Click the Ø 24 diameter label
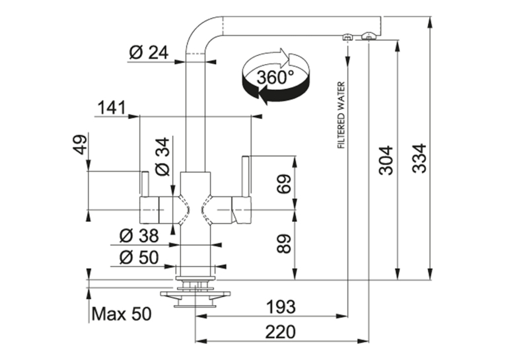pyautogui.click(x=149, y=53)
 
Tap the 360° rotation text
pyautogui.click(x=275, y=77)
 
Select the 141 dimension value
pyautogui.click(x=112, y=108)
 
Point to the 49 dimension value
pyautogui.click(x=81, y=144)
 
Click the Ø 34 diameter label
pyautogui.click(x=163, y=157)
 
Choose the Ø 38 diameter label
pyautogui.click(x=139, y=236)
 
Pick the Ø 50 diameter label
pyautogui.click(x=139, y=258)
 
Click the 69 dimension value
pyautogui.click(x=284, y=184)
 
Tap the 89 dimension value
pyautogui.click(x=284, y=244)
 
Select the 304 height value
pyautogui.click(x=386, y=161)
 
